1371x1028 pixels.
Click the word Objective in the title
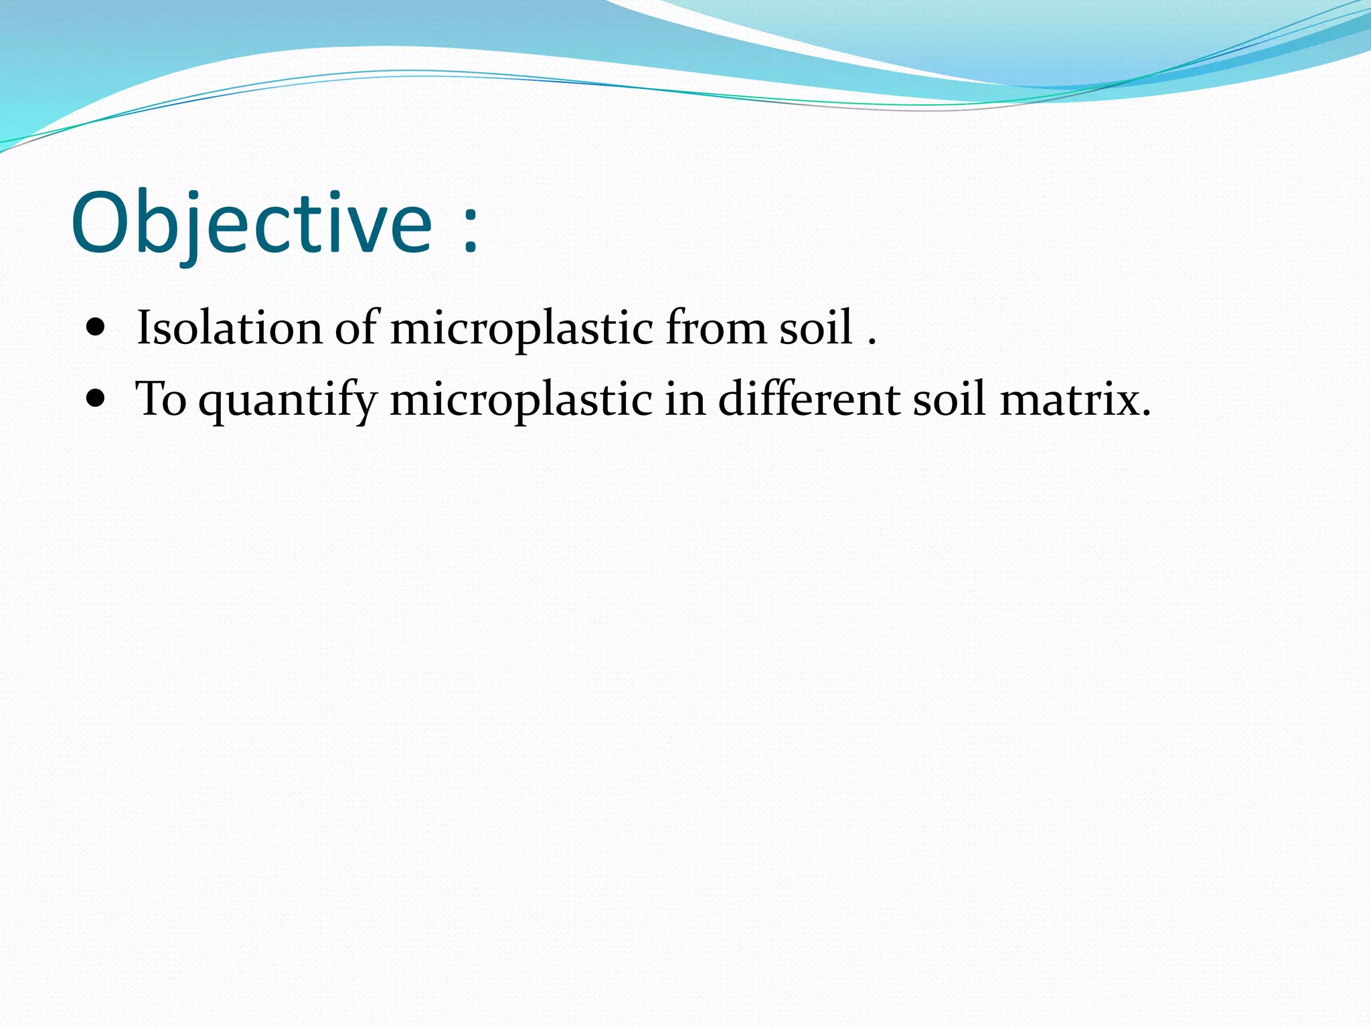pos(252,224)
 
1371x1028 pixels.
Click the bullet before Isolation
pos(96,329)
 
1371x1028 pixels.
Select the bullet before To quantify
pos(96,400)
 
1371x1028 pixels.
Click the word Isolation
pos(229,329)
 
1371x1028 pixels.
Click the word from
pos(716,329)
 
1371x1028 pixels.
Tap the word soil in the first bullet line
pos(815,329)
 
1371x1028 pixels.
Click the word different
pos(809,400)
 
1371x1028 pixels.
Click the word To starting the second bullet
pos(161,400)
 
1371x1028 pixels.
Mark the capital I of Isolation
pos(143,329)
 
